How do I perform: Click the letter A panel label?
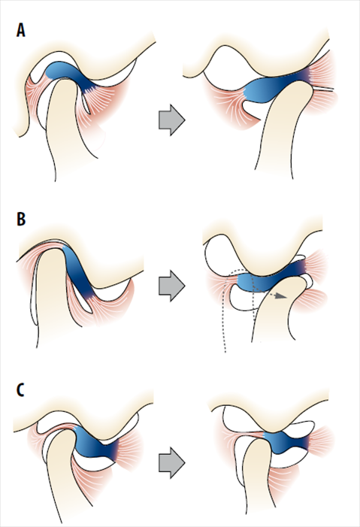tap(21, 30)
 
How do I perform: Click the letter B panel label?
tap(21, 219)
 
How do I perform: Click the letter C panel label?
tap(20, 390)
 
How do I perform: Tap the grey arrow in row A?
tap(172, 120)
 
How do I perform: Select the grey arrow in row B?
tap(172, 286)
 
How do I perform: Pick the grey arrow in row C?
tap(172, 462)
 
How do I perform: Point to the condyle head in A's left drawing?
tap(62, 101)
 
